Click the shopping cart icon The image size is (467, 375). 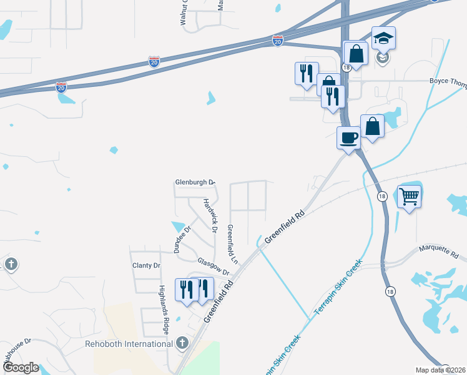409,197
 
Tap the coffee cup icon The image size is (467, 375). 348,137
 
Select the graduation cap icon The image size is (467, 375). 383,38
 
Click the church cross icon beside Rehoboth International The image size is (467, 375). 182,342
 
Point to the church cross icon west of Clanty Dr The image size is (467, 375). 11,264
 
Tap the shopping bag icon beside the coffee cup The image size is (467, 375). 372,126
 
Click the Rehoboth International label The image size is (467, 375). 129,344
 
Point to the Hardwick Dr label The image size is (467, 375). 210,216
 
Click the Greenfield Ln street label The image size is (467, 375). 232,243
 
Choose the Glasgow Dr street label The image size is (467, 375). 214,267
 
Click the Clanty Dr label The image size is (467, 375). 146,266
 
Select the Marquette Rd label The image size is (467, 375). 438,254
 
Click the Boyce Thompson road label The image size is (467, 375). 448,81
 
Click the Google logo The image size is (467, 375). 20,367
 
